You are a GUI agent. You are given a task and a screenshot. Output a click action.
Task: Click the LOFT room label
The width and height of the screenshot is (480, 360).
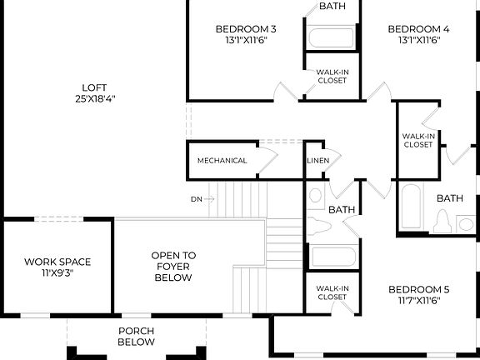[93, 87]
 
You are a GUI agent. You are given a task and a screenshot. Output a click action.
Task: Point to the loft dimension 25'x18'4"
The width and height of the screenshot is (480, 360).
[93, 98]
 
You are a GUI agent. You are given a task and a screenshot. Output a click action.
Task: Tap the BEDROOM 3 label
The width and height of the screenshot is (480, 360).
[246, 29]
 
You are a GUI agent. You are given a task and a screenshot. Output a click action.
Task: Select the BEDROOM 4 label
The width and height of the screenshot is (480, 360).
[418, 29]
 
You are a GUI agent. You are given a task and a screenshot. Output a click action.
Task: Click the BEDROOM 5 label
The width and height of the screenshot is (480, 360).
[418, 289]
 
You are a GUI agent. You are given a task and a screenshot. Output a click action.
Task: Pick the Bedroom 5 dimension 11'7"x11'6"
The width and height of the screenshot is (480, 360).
[418, 300]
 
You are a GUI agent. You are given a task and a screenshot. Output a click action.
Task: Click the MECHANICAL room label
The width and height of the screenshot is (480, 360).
[222, 161]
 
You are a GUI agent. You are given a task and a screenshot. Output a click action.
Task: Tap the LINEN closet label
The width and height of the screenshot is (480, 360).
[317, 161]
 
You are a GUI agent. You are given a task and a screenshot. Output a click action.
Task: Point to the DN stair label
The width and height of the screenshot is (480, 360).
[197, 199]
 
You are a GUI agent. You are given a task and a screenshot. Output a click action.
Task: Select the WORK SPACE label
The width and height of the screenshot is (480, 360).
[57, 262]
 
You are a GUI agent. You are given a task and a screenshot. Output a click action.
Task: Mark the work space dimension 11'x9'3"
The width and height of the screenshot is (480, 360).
[57, 272]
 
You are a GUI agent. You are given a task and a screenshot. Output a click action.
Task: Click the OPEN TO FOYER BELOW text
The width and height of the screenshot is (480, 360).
[173, 267]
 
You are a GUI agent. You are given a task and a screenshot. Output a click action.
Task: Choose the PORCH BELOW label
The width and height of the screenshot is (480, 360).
[136, 336]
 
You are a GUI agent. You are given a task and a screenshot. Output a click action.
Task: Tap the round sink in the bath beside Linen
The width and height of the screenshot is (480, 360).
[316, 197]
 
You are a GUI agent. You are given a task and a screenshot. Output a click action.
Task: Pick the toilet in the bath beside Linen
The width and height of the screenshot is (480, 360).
[320, 226]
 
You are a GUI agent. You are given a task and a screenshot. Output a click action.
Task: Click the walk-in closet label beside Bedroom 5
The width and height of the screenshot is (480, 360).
[332, 292]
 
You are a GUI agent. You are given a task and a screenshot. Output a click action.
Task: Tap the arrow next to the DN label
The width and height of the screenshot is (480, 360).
[209, 199]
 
